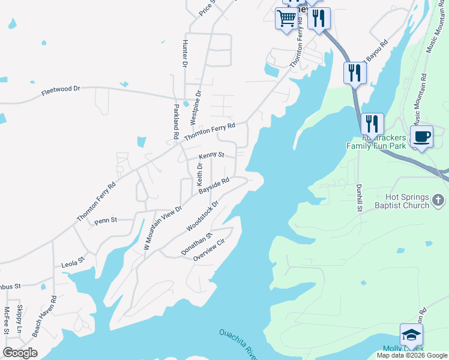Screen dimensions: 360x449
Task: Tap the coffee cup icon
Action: tap(421, 136)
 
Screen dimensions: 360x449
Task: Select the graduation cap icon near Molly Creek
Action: tap(411, 334)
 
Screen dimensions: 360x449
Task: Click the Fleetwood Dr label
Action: tap(60, 92)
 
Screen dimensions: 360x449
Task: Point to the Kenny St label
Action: tap(211, 155)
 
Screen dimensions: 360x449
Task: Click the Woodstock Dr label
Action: tap(203, 216)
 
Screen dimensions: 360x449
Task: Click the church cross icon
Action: tap(439, 200)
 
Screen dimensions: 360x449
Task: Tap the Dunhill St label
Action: tap(360, 197)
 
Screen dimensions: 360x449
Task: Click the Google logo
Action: tap(20, 353)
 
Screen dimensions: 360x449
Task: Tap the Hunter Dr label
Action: tap(184, 54)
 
